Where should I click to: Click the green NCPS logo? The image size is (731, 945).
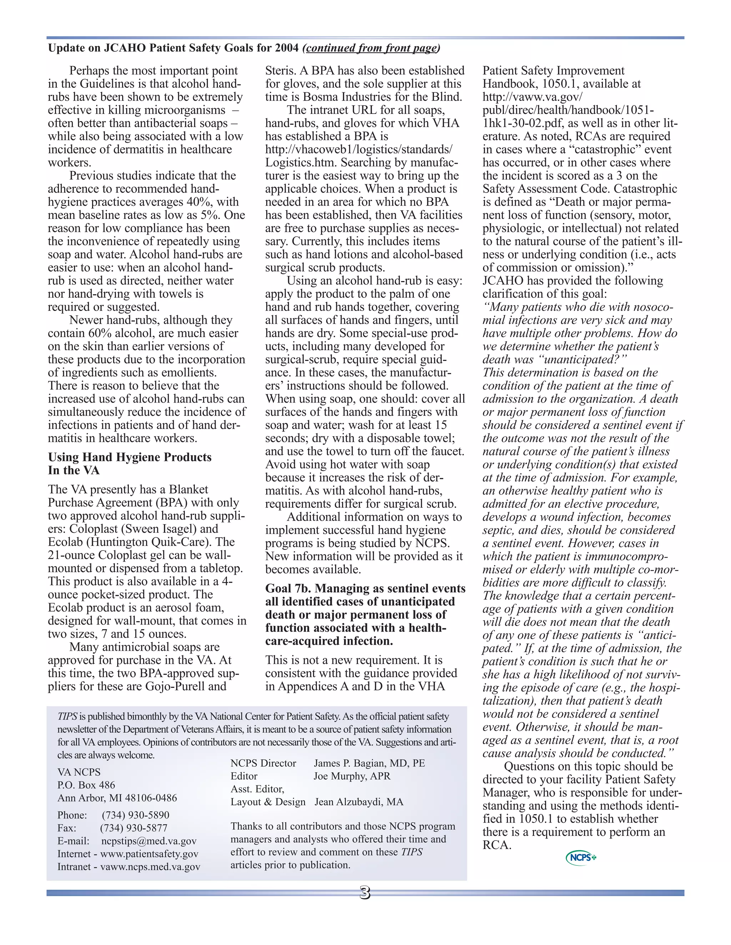click(x=581, y=857)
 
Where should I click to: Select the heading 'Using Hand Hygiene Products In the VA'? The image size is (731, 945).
click(x=130, y=464)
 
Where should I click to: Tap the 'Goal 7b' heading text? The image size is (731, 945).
click(x=365, y=614)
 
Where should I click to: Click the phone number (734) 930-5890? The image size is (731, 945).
click(x=136, y=815)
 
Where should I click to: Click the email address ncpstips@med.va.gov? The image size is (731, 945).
click(x=148, y=841)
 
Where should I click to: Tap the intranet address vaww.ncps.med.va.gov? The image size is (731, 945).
click(x=150, y=867)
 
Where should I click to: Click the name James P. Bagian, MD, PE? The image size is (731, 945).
click(x=369, y=763)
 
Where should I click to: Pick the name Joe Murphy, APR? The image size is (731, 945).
click(x=352, y=776)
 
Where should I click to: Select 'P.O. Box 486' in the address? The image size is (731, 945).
click(x=86, y=785)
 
